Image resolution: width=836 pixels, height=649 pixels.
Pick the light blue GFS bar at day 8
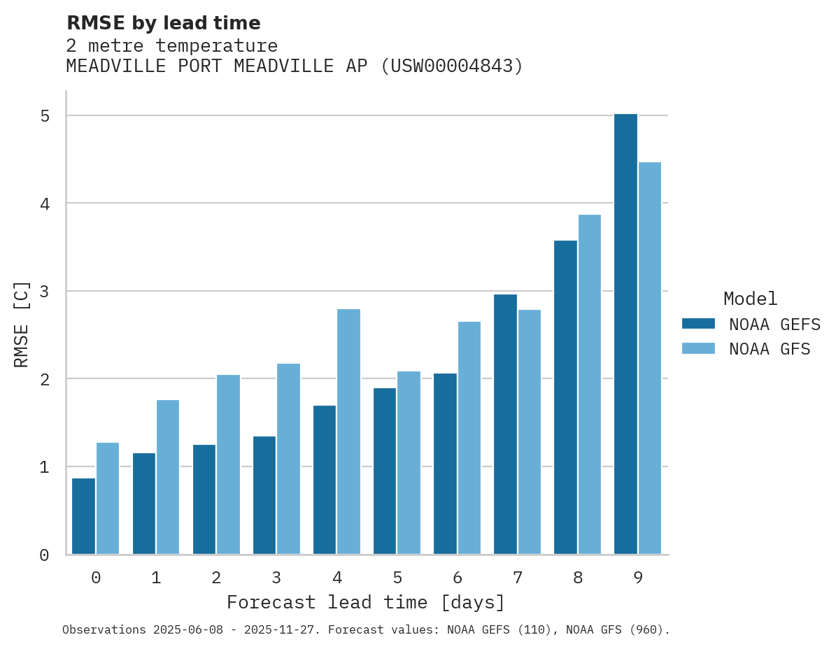(589, 385)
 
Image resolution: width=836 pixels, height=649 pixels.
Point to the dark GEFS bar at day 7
(505, 425)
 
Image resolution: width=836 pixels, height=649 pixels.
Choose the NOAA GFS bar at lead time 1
(168, 477)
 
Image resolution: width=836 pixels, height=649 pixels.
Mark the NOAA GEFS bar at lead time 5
(385, 471)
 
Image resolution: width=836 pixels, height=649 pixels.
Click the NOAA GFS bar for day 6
(469, 438)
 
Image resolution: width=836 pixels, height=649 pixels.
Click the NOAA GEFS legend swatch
(698, 324)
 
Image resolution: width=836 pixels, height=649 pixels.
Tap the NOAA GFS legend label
(770, 349)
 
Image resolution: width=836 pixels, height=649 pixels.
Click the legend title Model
(750, 299)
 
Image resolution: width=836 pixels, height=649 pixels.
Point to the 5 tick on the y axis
(45, 116)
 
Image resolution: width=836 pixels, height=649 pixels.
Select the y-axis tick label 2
(45, 379)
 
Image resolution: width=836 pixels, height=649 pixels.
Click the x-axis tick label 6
(458, 578)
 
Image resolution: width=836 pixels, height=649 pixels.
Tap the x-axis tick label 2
(216, 578)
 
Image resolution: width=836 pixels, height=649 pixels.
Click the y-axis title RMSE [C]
(22, 324)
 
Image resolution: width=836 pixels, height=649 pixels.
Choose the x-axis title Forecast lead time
(365, 603)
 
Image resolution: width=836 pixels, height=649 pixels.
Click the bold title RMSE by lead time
(163, 23)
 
